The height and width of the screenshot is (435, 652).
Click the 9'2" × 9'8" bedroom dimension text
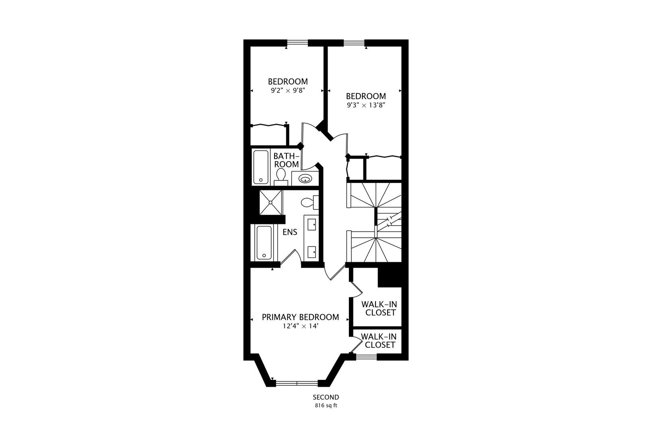(x=288, y=90)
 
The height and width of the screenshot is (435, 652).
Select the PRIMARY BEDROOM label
(x=300, y=317)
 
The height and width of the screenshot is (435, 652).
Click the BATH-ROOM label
(x=286, y=160)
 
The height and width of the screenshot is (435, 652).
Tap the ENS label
(x=290, y=232)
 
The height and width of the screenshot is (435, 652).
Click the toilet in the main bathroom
(x=281, y=176)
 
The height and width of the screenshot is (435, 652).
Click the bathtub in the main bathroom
(x=260, y=167)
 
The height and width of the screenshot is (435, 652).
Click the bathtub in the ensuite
(x=264, y=242)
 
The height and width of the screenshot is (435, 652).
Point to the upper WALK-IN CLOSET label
(x=379, y=308)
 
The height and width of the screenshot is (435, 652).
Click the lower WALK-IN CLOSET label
(x=378, y=340)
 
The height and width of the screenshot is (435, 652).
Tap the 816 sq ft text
(x=326, y=406)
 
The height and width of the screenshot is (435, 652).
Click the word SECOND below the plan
(x=326, y=397)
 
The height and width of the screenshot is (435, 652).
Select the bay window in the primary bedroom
(x=297, y=383)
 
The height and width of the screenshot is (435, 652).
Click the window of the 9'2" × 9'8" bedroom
(x=297, y=43)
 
